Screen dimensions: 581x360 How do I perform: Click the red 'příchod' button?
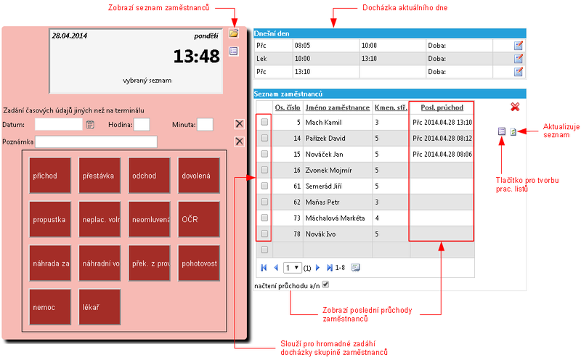click(50, 176)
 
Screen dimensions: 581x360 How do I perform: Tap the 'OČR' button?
click(199, 219)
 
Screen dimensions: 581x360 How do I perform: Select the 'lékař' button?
click(99, 307)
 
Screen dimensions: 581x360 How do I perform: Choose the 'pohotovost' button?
click(199, 263)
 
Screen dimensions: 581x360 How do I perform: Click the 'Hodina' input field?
click(142, 124)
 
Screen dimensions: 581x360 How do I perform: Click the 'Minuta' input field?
click(205, 124)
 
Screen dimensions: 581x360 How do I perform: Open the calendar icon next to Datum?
click(90, 125)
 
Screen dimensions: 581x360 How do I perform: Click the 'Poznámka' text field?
click(96, 142)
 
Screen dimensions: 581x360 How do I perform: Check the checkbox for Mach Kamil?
click(264, 122)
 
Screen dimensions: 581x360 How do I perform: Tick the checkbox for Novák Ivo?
click(264, 234)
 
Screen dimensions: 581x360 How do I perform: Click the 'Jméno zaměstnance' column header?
click(338, 107)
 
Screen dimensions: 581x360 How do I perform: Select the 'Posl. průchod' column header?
click(442, 107)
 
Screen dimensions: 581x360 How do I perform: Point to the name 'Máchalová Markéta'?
click(335, 218)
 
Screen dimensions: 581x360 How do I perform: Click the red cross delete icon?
click(515, 107)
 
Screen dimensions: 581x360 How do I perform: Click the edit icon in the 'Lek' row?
click(519, 59)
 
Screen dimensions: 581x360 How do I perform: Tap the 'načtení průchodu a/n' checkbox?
click(325, 285)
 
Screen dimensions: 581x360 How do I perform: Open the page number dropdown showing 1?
click(293, 267)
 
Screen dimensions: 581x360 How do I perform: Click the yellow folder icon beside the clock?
click(233, 33)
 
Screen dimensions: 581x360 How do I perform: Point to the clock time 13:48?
click(196, 57)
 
